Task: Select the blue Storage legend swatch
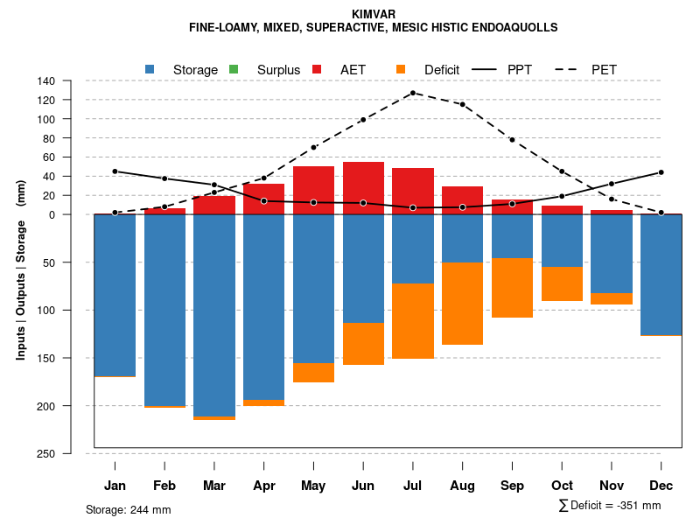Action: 150,69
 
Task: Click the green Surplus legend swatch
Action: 234,69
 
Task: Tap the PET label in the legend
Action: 605,69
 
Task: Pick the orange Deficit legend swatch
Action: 401,69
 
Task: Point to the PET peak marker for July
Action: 412,93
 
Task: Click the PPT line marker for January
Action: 115,171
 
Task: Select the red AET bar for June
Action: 363,187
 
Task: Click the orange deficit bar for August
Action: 462,303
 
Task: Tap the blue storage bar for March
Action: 214,315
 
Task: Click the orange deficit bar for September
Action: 512,288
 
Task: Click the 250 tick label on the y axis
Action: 46,453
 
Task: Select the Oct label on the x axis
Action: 562,486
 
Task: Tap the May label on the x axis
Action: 313,486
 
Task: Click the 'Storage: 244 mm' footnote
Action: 129,509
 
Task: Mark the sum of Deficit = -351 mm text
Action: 610,506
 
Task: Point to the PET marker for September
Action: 512,140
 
